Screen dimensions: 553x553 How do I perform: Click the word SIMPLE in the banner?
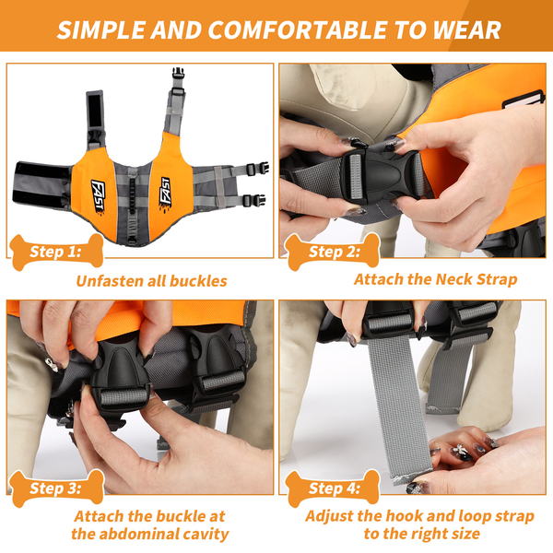[x=100, y=29]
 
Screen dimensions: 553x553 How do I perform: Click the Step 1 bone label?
[x=56, y=252]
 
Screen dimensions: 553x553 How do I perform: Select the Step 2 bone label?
[x=333, y=252]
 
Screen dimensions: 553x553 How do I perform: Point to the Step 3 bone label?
[x=56, y=488]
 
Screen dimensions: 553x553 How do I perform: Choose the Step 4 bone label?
[x=333, y=488]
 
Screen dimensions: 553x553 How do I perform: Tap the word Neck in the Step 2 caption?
[x=453, y=279]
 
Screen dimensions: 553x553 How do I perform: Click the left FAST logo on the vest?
[x=98, y=197]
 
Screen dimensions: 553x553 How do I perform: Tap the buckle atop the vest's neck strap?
[x=179, y=74]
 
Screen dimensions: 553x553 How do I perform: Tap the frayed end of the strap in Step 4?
[x=412, y=477]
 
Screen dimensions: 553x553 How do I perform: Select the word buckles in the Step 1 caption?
[x=198, y=281]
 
